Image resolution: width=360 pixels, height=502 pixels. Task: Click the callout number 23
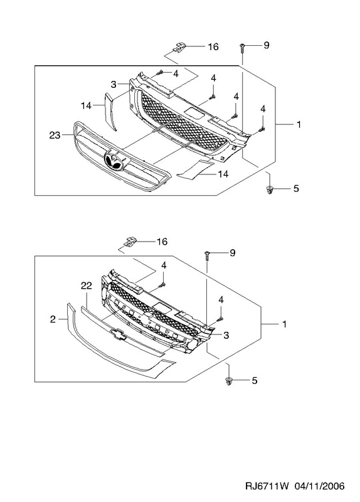point(55,136)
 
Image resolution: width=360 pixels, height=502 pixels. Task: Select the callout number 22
point(87,286)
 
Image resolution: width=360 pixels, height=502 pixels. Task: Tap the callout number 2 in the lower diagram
point(53,319)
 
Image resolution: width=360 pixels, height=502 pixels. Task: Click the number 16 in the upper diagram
point(213,46)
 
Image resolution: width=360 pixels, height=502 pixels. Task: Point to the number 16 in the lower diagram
point(162,242)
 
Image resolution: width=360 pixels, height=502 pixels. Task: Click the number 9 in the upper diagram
point(267,45)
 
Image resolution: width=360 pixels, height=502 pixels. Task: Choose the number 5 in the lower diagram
point(255,381)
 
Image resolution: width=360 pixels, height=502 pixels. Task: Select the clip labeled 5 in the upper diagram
point(270,190)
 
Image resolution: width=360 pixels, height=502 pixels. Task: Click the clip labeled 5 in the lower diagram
point(228,381)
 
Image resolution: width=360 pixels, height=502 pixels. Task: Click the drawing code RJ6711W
point(267,486)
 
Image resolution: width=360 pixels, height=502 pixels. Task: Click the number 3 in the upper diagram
point(114,84)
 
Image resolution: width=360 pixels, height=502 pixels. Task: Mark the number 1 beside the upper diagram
point(299,124)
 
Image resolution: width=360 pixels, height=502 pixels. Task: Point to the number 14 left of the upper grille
point(86,105)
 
